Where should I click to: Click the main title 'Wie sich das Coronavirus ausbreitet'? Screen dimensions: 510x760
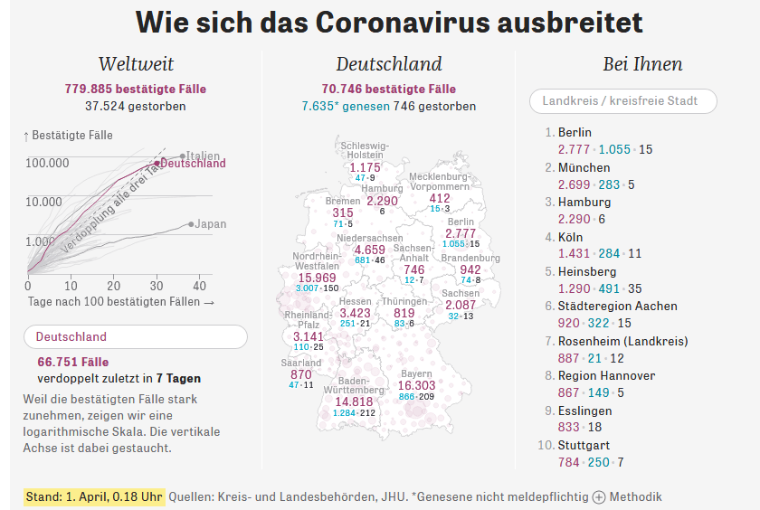(x=389, y=23)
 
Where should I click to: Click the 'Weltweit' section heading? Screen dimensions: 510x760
(x=136, y=64)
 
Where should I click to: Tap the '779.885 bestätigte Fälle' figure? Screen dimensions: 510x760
(x=136, y=89)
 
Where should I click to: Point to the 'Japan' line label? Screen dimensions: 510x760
(x=211, y=223)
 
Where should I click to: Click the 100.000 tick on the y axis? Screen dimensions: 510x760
(x=48, y=163)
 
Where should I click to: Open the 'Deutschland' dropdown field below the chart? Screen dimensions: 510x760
(x=136, y=336)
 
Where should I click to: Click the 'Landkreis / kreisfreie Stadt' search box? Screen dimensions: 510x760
(x=622, y=101)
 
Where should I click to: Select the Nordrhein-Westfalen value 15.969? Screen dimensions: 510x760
(x=311, y=277)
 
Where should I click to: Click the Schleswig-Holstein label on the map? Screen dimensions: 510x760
(x=366, y=149)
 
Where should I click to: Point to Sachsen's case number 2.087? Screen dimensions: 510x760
(x=461, y=306)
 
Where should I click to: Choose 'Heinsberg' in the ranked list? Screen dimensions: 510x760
(x=587, y=271)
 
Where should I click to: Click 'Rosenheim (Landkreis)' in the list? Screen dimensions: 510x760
(x=622, y=341)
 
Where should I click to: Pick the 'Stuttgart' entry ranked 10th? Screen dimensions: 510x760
(x=584, y=445)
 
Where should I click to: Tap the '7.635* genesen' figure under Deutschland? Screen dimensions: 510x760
(x=346, y=106)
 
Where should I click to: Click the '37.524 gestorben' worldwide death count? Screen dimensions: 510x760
(x=136, y=106)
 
